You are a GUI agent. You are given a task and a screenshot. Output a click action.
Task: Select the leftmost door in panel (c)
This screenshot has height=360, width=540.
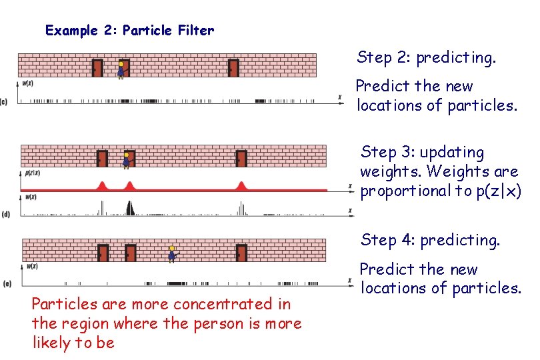click(97, 68)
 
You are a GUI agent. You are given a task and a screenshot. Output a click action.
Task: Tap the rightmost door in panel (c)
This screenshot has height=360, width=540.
click(233, 68)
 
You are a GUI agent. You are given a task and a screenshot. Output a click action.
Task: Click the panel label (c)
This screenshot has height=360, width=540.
click(5, 101)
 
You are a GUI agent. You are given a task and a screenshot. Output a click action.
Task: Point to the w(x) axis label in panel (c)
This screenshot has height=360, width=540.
click(27, 84)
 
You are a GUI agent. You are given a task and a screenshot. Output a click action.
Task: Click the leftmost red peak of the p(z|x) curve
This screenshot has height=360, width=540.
click(102, 185)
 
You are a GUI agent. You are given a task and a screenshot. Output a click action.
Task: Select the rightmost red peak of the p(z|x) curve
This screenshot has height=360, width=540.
click(242, 185)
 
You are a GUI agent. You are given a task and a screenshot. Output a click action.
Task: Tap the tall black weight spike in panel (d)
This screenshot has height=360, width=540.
click(130, 207)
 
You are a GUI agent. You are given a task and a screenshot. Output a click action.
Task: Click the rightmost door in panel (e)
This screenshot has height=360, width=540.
click(241, 253)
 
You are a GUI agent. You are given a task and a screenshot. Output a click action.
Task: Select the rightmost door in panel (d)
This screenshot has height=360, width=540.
click(241, 159)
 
